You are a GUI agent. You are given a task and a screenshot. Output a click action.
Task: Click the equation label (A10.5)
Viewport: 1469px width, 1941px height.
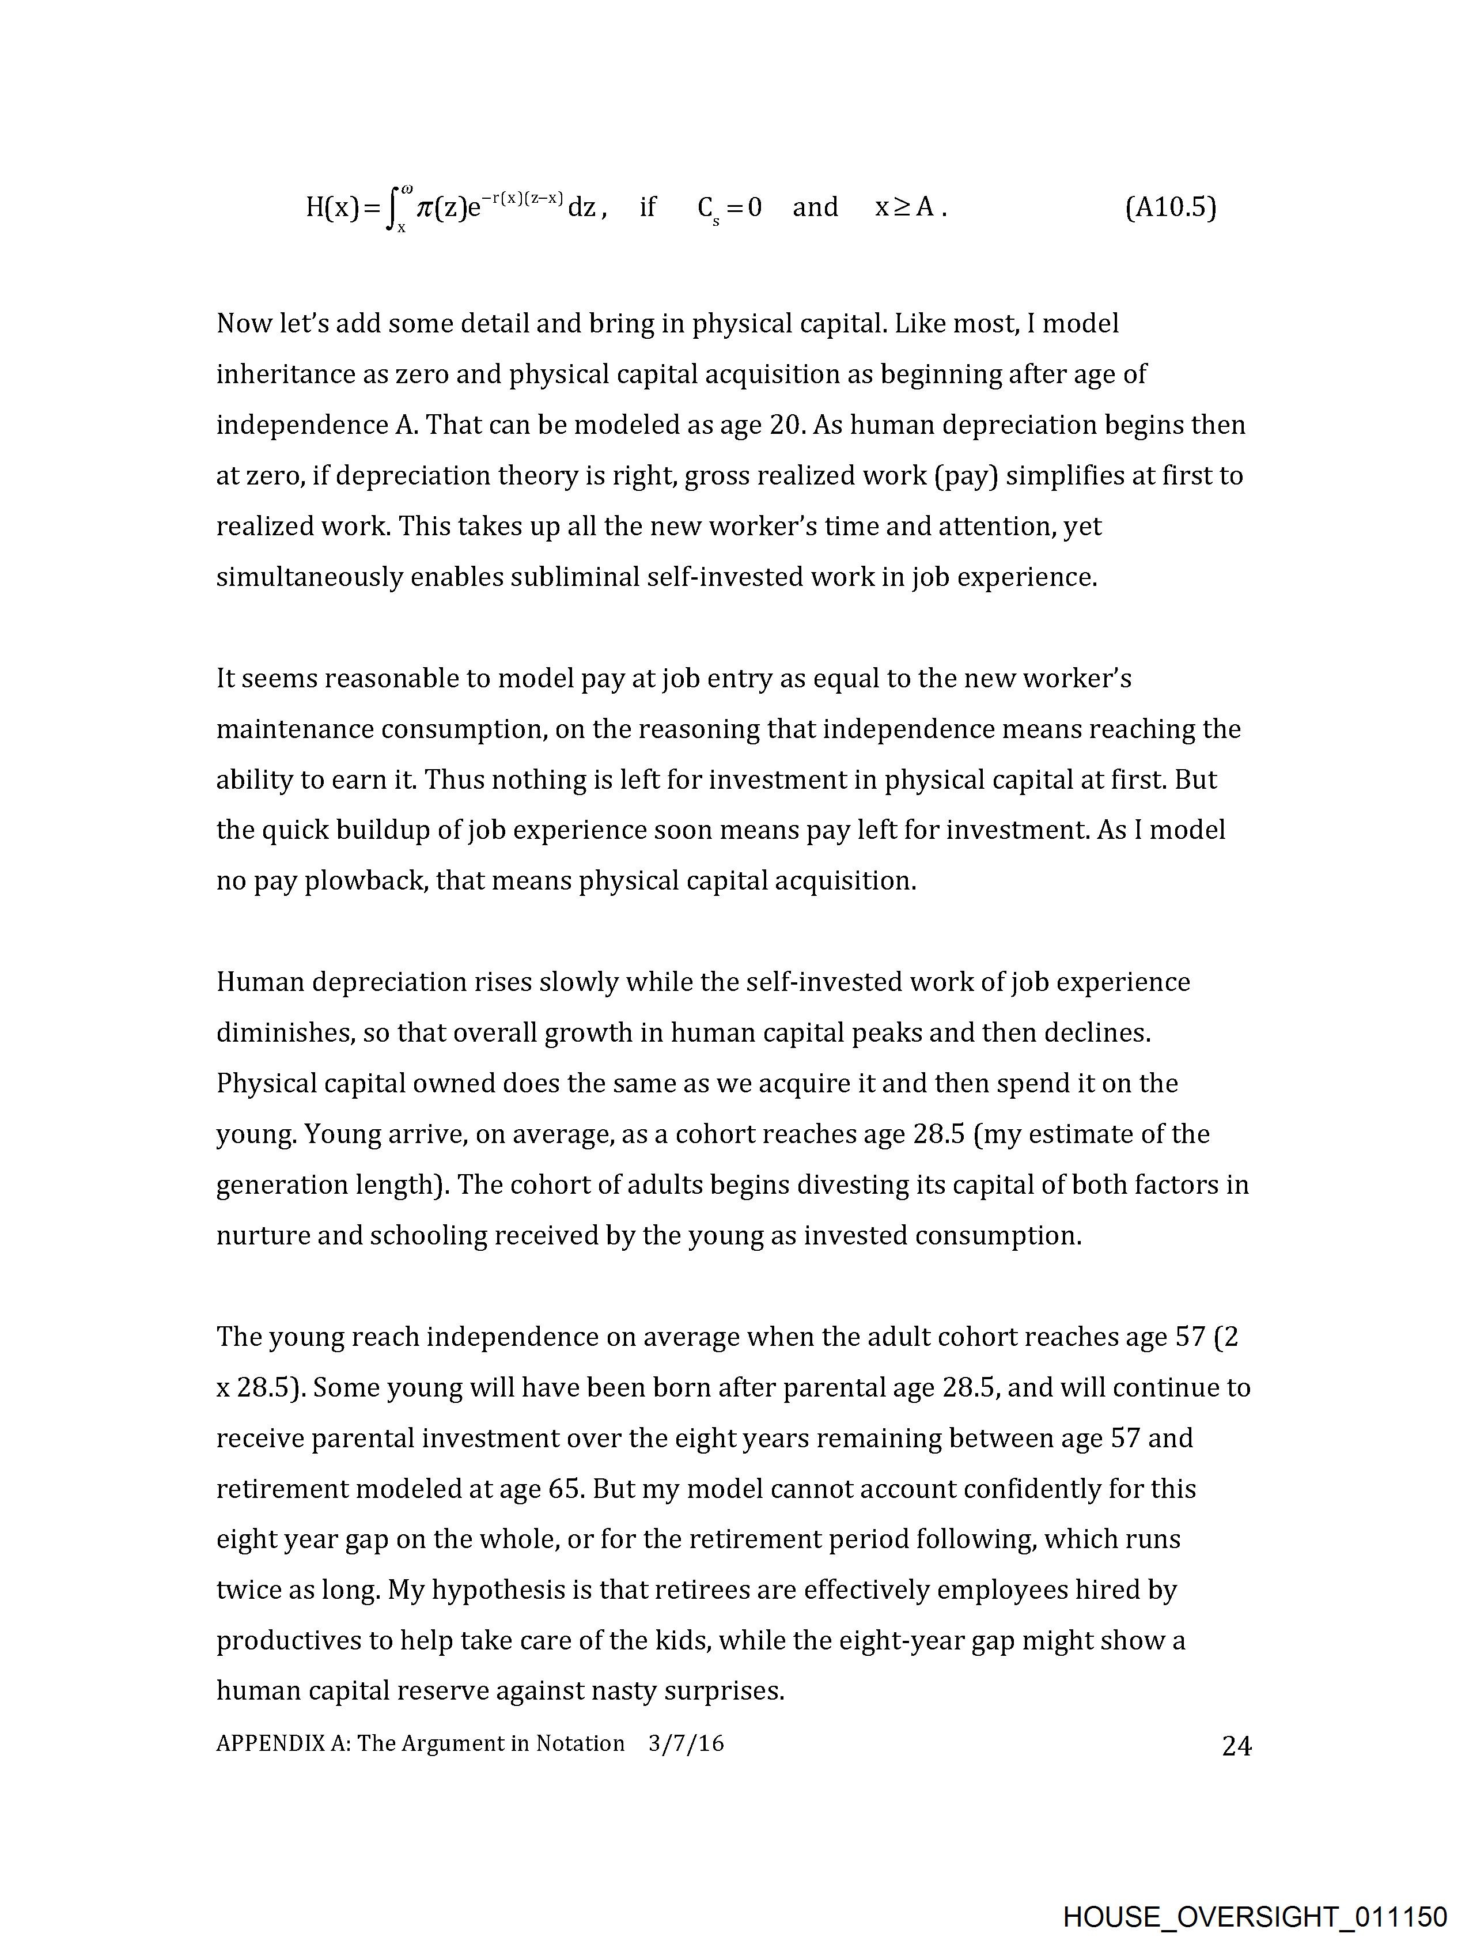[x=1170, y=208]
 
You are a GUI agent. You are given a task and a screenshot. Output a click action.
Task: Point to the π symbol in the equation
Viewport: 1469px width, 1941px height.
[x=426, y=208]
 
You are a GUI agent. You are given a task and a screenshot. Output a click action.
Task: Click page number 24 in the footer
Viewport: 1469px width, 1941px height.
[x=1236, y=1746]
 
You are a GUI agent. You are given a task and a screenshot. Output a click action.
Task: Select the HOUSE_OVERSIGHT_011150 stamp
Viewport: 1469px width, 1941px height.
[x=1254, y=1916]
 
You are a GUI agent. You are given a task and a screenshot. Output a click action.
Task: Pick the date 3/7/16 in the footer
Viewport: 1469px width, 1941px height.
[x=686, y=1743]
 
